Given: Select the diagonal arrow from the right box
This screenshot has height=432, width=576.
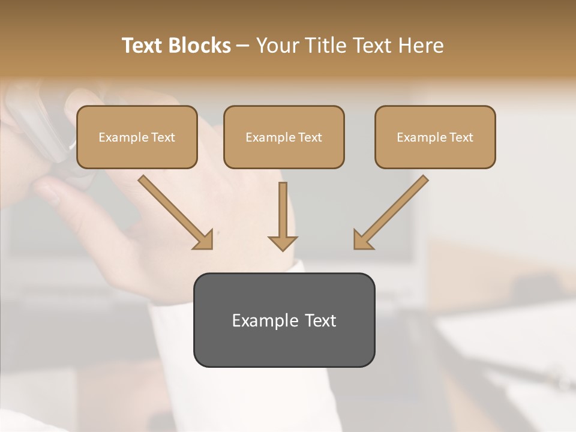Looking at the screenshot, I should click(x=396, y=208).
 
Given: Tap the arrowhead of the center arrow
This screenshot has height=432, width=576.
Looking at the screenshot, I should click(x=283, y=242).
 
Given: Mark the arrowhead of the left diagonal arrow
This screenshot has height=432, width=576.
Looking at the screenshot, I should click(x=205, y=241).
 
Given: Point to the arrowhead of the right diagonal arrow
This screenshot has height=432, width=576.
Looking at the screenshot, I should click(x=362, y=241).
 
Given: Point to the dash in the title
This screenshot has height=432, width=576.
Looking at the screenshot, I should click(x=243, y=46).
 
